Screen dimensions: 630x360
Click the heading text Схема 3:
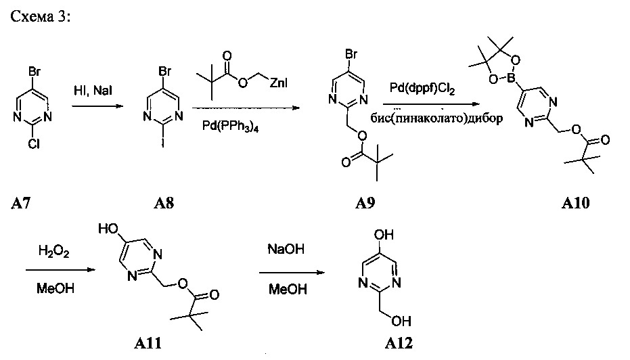pos(40,16)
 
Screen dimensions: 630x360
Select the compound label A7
pos(20,204)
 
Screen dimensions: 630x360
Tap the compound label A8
pos(164,203)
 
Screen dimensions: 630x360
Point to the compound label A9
pos(365,203)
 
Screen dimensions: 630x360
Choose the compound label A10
pos(575,203)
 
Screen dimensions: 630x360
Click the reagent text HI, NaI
pos(93,91)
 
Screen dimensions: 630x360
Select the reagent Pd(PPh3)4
pos(230,127)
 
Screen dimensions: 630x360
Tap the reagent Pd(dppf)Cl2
pos(422,89)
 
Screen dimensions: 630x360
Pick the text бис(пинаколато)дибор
pos(436,118)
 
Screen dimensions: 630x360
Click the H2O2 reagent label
pos(54,252)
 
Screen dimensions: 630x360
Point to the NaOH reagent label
pos(286,249)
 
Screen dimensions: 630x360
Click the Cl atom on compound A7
pos(34,144)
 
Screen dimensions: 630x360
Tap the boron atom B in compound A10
pos(511,76)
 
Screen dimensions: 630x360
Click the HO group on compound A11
pos(108,229)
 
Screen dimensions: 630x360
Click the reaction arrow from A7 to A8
pos(97,106)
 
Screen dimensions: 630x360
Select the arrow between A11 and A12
pos(292,273)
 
